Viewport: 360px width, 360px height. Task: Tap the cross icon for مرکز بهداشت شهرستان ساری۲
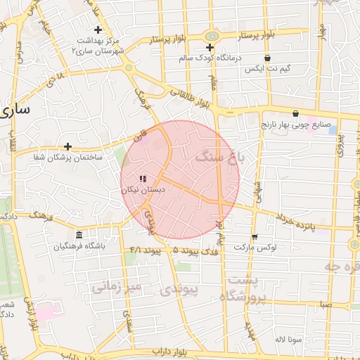98,30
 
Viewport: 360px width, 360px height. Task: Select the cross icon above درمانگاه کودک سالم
209,47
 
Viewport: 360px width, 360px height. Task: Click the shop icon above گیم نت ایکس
266,59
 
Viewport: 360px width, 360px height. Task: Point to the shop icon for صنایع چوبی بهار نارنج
295,113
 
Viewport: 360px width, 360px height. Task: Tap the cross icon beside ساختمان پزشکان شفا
67,146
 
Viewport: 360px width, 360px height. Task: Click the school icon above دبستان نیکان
143,179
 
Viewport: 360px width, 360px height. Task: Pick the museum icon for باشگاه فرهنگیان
78,235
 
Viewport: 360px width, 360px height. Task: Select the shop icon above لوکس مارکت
254,237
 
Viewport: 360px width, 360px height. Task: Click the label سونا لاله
289,339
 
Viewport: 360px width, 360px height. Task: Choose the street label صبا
324,304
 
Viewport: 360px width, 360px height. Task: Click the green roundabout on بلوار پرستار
210,37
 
